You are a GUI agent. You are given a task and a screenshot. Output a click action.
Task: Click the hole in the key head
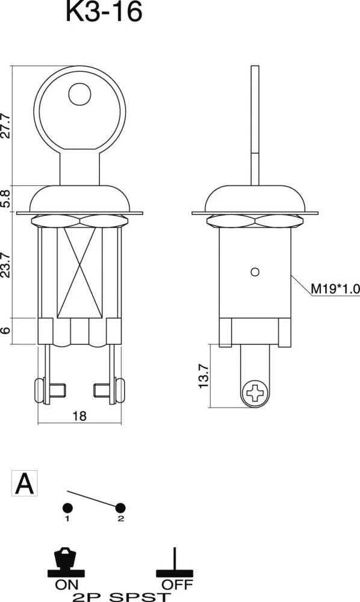(80, 95)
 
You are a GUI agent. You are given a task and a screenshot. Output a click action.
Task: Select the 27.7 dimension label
(6, 125)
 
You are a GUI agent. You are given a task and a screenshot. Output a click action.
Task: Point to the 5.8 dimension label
(6, 199)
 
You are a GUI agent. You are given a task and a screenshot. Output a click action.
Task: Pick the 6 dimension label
(6, 331)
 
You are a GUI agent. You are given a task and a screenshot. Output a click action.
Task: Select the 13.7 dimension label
(203, 376)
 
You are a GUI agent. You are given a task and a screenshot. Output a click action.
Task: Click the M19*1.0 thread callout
(335, 290)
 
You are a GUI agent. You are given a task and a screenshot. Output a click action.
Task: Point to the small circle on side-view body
(255, 272)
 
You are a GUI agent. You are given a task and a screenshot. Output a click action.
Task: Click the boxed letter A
(24, 483)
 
